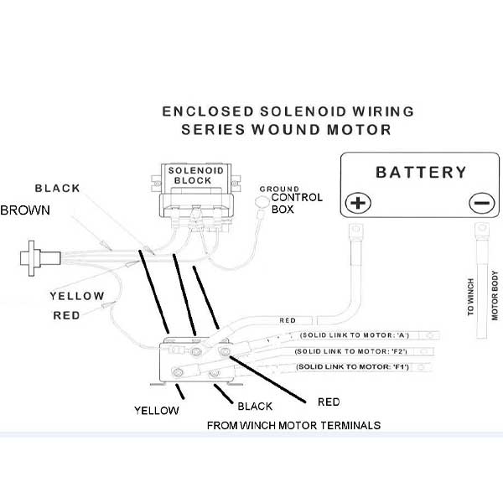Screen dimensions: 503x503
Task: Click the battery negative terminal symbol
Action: [480, 203]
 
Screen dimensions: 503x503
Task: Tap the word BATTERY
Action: [420, 173]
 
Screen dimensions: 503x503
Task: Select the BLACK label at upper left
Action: [57, 188]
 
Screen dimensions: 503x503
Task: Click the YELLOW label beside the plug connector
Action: [77, 296]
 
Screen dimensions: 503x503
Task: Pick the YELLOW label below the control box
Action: [157, 410]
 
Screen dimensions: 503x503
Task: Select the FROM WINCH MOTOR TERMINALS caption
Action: [293, 426]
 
